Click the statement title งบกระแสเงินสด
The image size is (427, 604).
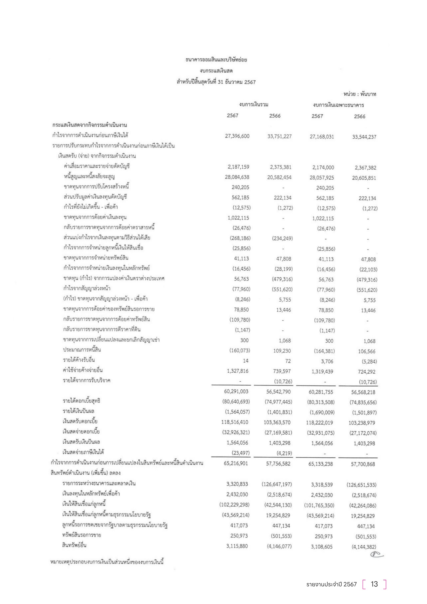click(216, 71)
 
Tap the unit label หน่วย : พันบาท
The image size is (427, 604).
click(359, 94)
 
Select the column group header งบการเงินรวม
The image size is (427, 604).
click(254, 104)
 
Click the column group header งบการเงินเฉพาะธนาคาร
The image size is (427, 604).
click(338, 105)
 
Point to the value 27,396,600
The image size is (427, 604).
click(237, 136)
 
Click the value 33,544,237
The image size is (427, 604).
click(364, 137)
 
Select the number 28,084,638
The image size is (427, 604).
click(237, 177)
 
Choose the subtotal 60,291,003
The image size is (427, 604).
click(236, 391)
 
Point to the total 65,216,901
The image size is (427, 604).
click(236, 463)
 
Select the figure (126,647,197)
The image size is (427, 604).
click(276, 484)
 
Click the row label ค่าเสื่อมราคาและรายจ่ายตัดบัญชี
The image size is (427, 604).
click(97, 166)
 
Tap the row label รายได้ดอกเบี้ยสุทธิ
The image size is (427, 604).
click(81, 401)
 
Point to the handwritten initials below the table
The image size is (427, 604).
click(376, 554)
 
